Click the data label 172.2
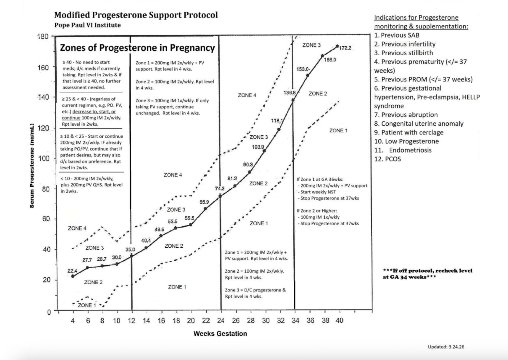coord(345,48)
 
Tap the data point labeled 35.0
coord(132,256)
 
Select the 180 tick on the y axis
coord(43,37)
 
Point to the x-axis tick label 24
coord(221,321)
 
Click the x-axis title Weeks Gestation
coord(220,334)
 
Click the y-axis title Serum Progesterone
coord(32,166)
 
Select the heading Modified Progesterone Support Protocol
coord(136,15)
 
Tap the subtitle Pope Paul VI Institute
coord(87,25)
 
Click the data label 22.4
coord(72,271)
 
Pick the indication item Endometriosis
coord(410,150)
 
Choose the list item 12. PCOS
coord(387,159)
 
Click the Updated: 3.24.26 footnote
coord(446,347)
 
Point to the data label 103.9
coord(258,147)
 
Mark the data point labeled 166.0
coord(322,56)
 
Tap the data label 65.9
coord(204,202)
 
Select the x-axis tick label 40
coord(339,321)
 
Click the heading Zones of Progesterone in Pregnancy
coord(137,48)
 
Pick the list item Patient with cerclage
coord(412,133)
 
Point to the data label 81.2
coord(232,178)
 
